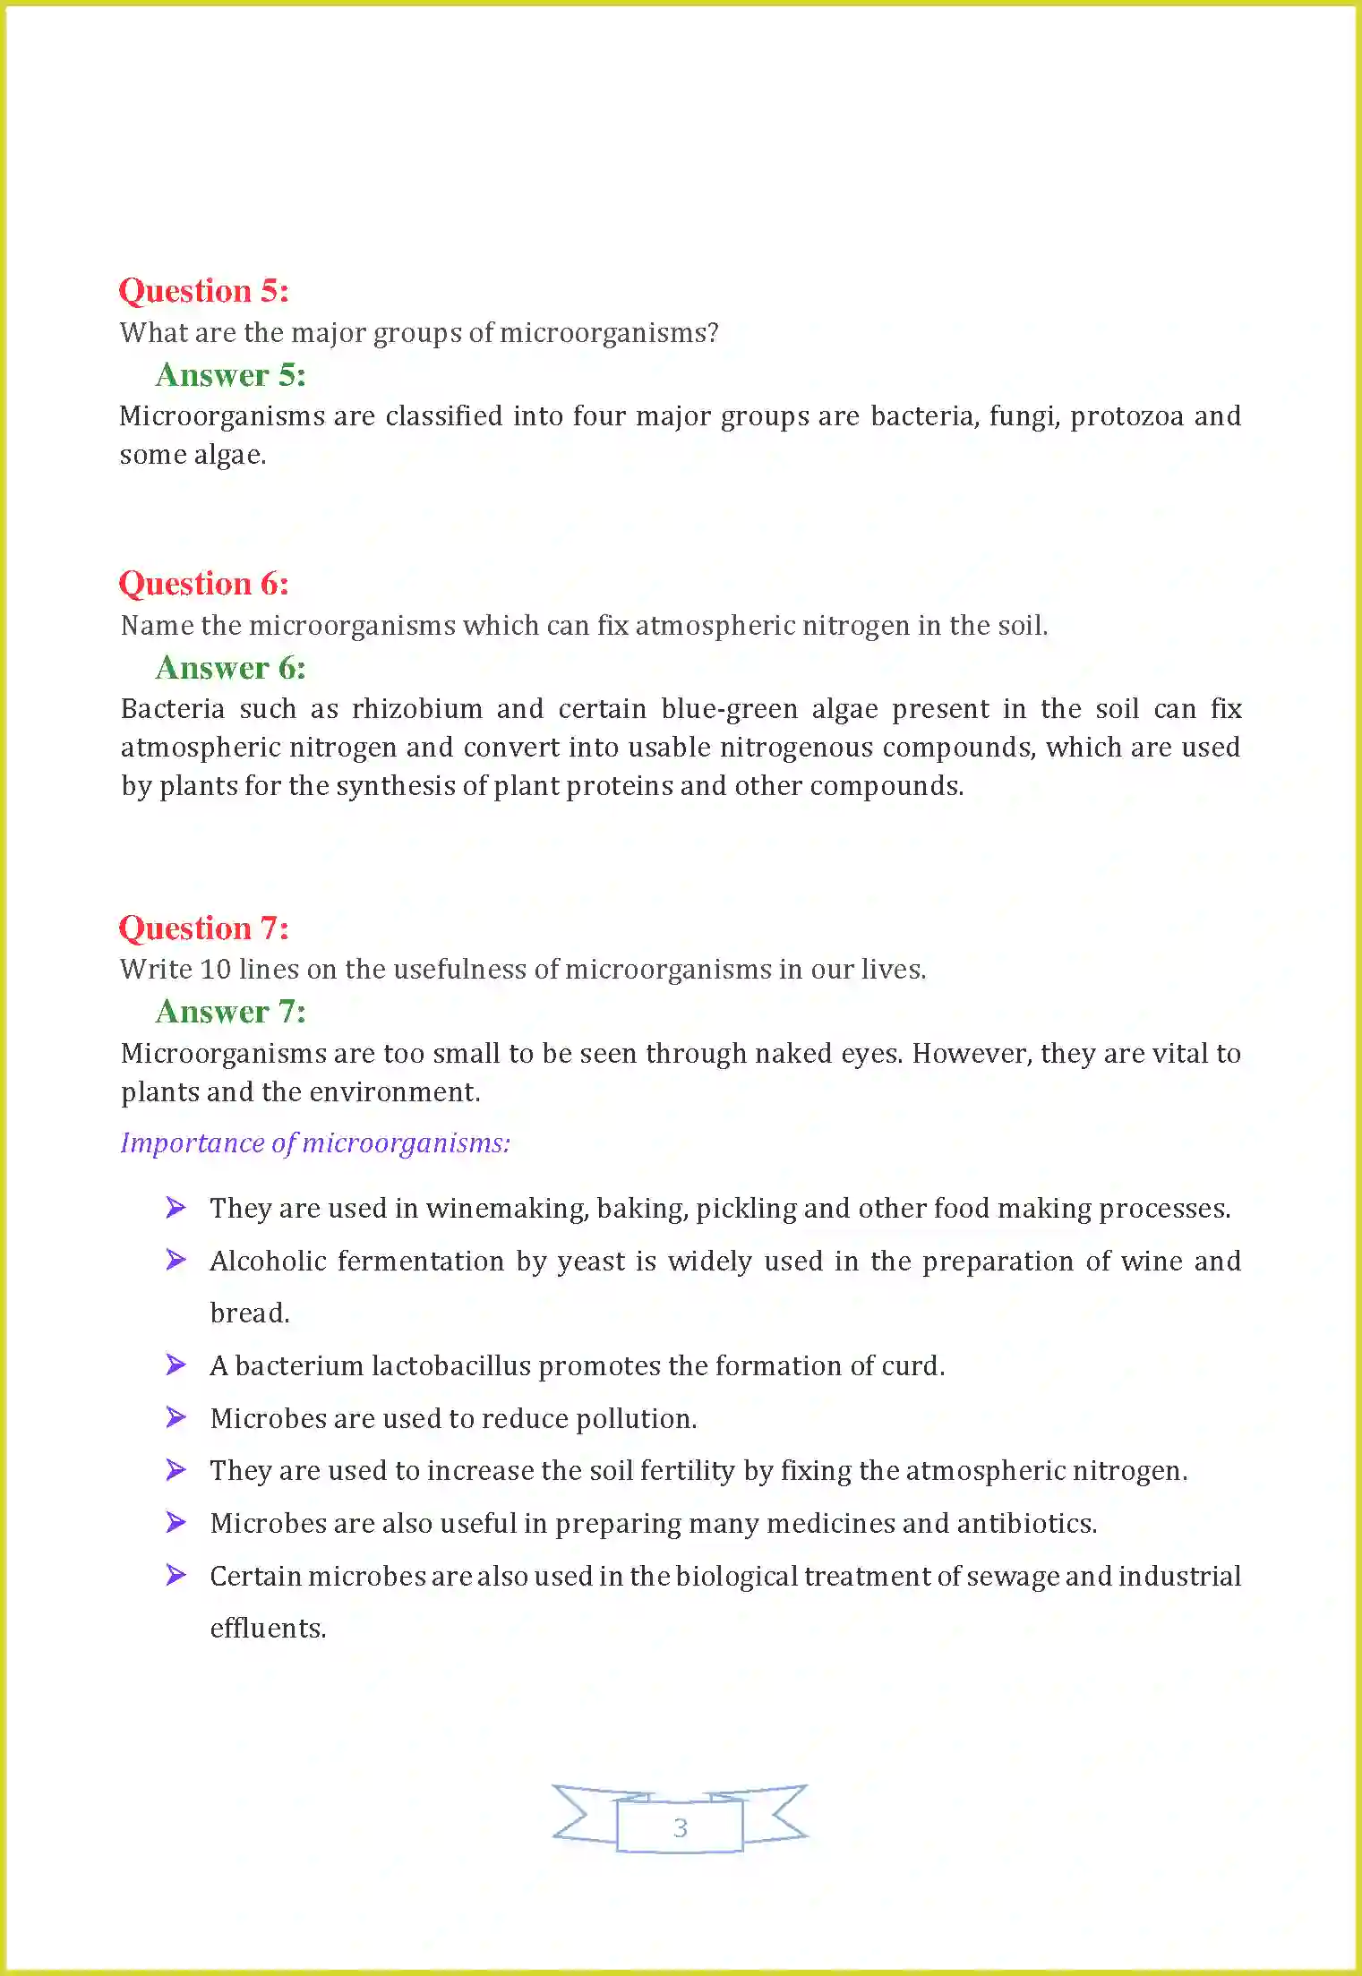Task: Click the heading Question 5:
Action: pyautogui.click(x=203, y=291)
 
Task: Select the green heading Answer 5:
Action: pyautogui.click(x=230, y=375)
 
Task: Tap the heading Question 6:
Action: pyautogui.click(x=203, y=584)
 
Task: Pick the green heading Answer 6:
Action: pyautogui.click(x=230, y=668)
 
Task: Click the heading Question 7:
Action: pyautogui.click(x=203, y=928)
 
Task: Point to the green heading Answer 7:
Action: pyautogui.click(x=230, y=1012)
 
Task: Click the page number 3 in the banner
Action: pyautogui.click(x=681, y=1827)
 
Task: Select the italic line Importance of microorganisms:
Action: pyautogui.click(x=315, y=1143)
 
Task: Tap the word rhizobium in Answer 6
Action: pyautogui.click(x=417, y=709)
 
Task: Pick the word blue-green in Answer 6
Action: pyautogui.click(x=729, y=709)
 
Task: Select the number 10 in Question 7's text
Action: pyautogui.click(x=216, y=970)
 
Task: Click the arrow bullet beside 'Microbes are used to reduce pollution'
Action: pyautogui.click(x=176, y=1417)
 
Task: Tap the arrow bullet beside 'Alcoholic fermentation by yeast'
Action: pyautogui.click(x=176, y=1260)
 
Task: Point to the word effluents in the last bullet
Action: pyautogui.click(x=268, y=1628)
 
